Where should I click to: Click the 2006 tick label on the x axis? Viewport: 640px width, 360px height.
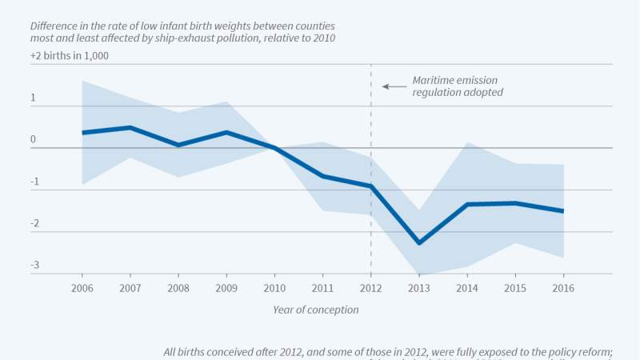coord(82,287)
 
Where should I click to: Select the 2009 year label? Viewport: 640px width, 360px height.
coord(226,287)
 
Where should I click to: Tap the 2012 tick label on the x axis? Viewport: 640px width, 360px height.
coord(371,287)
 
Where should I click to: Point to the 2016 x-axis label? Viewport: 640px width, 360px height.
coord(564,287)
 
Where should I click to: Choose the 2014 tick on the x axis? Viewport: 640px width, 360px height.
coord(467,287)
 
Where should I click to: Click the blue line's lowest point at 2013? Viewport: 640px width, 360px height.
coord(419,243)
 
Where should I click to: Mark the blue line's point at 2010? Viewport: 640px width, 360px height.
coord(274,148)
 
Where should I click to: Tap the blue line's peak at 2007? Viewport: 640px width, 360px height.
coord(130,127)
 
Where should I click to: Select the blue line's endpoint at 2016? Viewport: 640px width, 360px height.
coord(564,211)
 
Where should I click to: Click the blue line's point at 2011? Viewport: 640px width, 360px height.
coord(322,176)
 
